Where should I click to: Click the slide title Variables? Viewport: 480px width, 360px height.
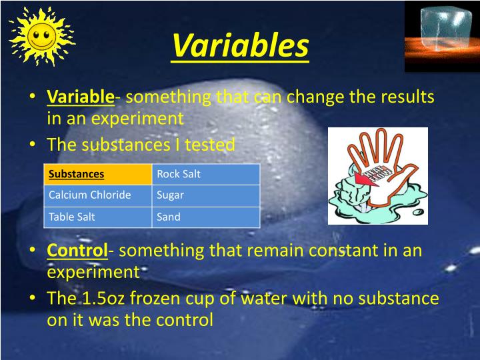point(240,46)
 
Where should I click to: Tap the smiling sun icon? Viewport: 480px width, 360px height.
point(41,36)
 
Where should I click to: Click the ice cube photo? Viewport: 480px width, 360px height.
point(441,33)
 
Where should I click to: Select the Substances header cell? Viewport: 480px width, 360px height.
point(77,174)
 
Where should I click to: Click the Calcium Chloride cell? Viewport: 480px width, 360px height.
point(89,195)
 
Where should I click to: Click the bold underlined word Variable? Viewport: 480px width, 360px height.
point(81,97)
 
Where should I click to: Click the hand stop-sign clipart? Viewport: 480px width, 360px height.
point(377,176)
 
